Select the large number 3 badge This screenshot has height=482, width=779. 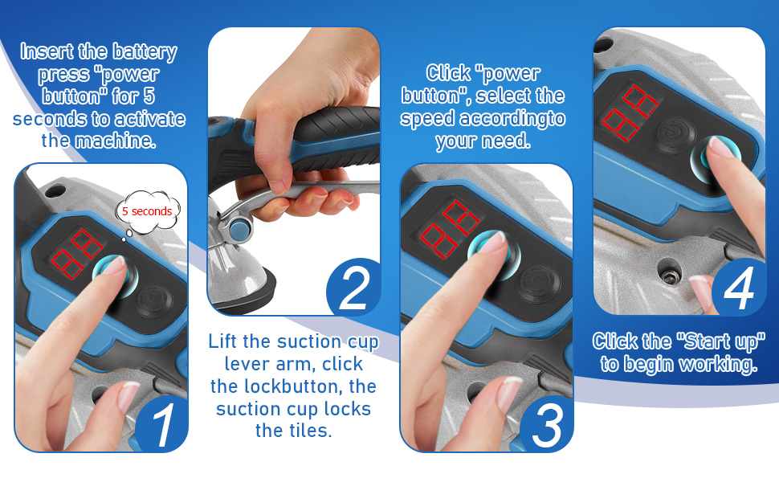(x=546, y=426)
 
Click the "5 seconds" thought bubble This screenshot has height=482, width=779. (x=147, y=211)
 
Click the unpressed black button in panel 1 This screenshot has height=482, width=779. (x=150, y=304)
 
